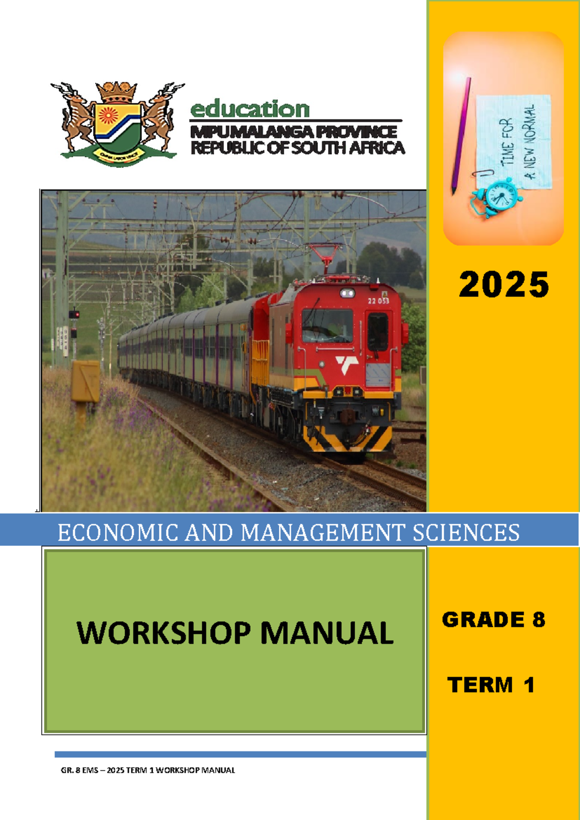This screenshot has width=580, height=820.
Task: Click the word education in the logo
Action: (x=250, y=109)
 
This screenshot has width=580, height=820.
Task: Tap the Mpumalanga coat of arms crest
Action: (x=117, y=123)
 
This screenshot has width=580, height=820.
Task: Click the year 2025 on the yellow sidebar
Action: (x=504, y=284)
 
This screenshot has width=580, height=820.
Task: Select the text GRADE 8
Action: (x=493, y=620)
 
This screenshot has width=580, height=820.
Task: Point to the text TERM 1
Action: (x=491, y=685)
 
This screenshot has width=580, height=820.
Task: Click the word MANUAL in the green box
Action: (x=327, y=633)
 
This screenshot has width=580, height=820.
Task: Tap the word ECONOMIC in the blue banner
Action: (x=118, y=533)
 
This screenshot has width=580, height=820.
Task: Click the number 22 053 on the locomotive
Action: (x=378, y=301)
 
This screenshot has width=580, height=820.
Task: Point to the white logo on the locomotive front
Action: (x=347, y=364)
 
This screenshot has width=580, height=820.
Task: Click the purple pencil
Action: (x=461, y=135)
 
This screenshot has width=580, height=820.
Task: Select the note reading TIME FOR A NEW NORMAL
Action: (x=514, y=141)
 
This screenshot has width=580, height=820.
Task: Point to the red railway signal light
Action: (x=73, y=314)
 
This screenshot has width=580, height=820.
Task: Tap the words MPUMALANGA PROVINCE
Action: (x=293, y=132)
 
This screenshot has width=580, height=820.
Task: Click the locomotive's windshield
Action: (x=327, y=325)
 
